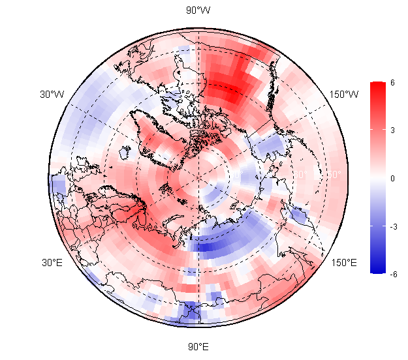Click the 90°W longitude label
pyautogui.click(x=198, y=10)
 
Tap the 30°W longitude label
pyautogui.click(x=52, y=95)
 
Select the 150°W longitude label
pyautogui.click(x=344, y=95)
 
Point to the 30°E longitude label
pyautogui.click(x=52, y=263)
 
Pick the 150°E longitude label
pyautogui.click(x=344, y=263)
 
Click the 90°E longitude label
pyautogui.click(x=198, y=346)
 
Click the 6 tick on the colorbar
pyautogui.click(x=392, y=82)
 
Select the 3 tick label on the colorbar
pyautogui.click(x=392, y=130)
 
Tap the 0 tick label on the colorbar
pyautogui.click(x=392, y=178)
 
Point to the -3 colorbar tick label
pyautogui.click(x=392, y=226)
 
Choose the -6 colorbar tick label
pyautogui.click(x=392, y=274)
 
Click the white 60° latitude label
pyautogui.click(x=301, y=175)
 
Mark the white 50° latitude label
pyautogui.click(x=333, y=175)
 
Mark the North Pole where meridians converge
pyautogui.click(x=198, y=177)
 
